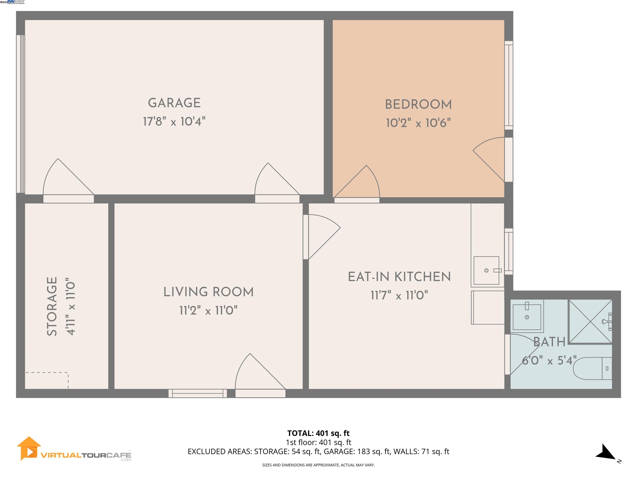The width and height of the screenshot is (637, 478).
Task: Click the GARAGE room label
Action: point(174,103)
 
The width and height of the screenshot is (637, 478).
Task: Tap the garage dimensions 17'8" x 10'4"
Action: point(174,122)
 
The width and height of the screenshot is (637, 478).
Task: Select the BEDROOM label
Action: point(418,105)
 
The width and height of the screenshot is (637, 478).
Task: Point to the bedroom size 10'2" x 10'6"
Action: point(418,123)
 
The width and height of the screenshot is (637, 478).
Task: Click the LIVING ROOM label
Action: point(208,292)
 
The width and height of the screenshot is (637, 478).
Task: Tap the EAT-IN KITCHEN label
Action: point(399,277)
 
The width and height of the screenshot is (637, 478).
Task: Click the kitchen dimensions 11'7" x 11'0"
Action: point(399,296)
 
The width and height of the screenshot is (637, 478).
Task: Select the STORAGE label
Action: point(52,307)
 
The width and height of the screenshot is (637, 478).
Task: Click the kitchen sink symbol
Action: point(486,270)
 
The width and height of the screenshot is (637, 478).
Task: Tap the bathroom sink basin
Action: point(527,317)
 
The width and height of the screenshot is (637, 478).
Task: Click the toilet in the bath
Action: point(593,368)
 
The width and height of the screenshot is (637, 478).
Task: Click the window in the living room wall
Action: point(198,393)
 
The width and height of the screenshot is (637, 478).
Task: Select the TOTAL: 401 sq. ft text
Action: point(318,433)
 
